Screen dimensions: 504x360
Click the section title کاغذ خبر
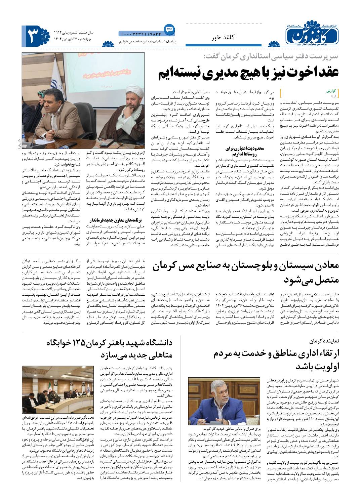coord(222,38)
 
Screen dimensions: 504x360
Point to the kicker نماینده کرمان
coord(325,341)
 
